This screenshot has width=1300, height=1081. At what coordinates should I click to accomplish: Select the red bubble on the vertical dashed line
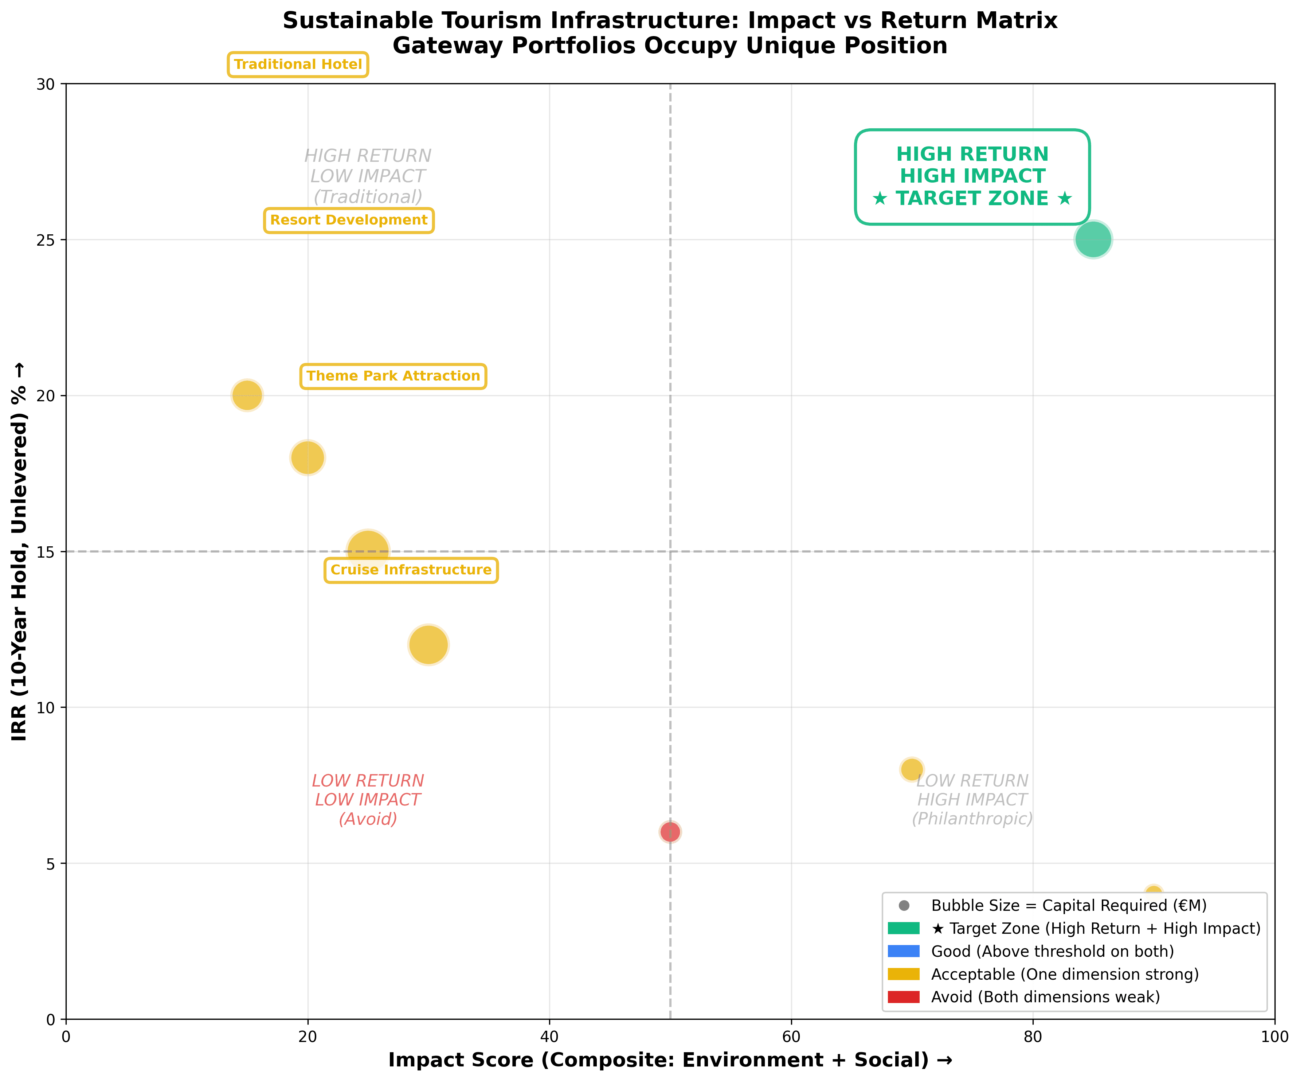(x=670, y=831)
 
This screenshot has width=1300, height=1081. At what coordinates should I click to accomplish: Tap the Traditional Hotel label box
(x=298, y=65)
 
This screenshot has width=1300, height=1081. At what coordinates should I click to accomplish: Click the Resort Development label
(x=349, y=221)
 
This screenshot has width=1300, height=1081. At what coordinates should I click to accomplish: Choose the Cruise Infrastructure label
(x=411, y=570)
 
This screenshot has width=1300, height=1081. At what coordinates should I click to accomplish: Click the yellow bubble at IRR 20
(x=247, y=395)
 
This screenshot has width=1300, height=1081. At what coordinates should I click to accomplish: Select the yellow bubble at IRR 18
(x=308, y=457)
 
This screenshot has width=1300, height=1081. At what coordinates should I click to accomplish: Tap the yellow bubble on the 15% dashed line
(x=368, y=550)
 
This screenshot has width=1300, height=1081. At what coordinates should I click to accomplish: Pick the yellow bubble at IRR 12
(x=428, y=644)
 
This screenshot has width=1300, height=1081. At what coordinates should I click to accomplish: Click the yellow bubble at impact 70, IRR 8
(x=911, y=769)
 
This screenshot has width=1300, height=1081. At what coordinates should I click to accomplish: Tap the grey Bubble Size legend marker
(x=904, y=906)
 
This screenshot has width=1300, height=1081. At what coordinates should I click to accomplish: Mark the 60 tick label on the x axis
(x=791, y=1037)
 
